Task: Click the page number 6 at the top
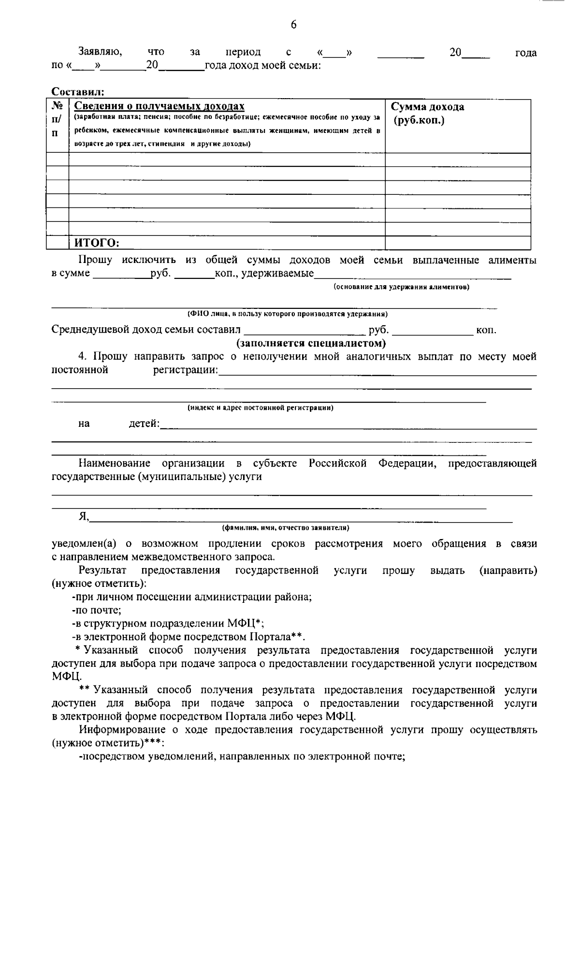[293, 25]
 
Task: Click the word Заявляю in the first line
[100, 52]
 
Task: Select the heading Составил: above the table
[78, 92]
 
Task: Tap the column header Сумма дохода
[427, 107]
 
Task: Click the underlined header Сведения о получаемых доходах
[159, 106]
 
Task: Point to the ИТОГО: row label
[96, 243]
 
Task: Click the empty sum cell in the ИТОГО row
[457, 243]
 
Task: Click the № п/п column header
[57, 119]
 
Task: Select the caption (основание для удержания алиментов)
[401, 287]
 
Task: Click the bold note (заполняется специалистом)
[311, 344]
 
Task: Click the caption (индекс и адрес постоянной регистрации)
[261, 408]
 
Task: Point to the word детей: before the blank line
[144, 424]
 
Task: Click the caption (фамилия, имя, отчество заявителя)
[285, 527]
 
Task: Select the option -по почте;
[96, 610]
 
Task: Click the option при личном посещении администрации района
[191, 597]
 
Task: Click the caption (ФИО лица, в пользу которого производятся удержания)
[288, 314]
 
